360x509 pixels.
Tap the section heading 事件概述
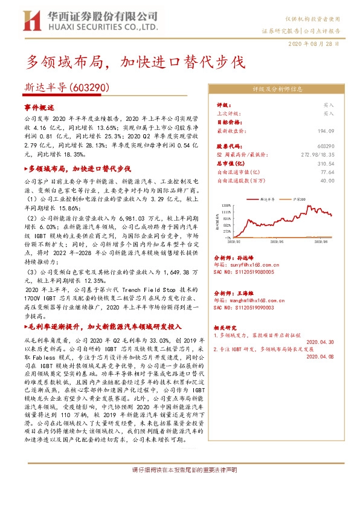coord(39,106)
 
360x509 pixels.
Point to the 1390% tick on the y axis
coord(226,206)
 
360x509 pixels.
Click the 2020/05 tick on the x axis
coord(277,241)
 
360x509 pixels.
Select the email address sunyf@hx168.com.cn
coord(248,264)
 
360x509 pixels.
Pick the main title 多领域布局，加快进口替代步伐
coord(135,62)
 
